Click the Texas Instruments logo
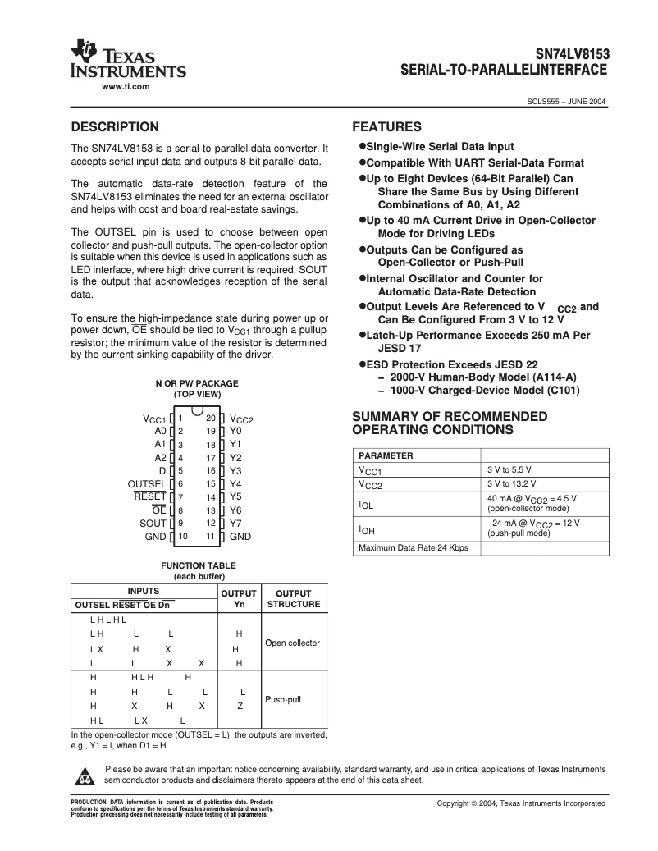point(129,59)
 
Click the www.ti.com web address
point(125,86)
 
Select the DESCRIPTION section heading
point(115,127)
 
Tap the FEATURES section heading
point(386,127)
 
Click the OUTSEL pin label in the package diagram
point(146,483)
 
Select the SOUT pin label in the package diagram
point(153,523)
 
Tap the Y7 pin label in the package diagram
point(235,523)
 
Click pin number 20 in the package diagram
point(211,418)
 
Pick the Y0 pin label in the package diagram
point(235,430)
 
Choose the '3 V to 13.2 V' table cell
point(512,483)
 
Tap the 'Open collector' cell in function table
point(292,643)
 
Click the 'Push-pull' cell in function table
point(283,699)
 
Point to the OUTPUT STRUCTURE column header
point(294,598)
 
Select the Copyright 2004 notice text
point(521,803)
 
